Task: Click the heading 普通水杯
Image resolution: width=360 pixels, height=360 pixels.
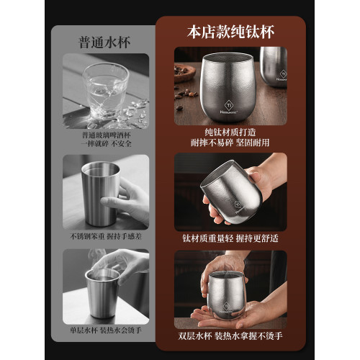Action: coord(106,40)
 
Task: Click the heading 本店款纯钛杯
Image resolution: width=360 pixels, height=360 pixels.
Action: coord(230,32)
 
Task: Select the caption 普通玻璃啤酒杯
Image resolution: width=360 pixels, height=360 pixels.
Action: coord(105,135)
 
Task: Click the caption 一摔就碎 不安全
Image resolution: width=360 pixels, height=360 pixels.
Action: coord(105,144)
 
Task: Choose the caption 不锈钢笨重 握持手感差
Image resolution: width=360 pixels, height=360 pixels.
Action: coord(105,235)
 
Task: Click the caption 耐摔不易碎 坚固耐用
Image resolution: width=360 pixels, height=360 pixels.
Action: coord(230,144)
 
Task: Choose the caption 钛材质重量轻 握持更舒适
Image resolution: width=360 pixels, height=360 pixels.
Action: coord(230,236)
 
